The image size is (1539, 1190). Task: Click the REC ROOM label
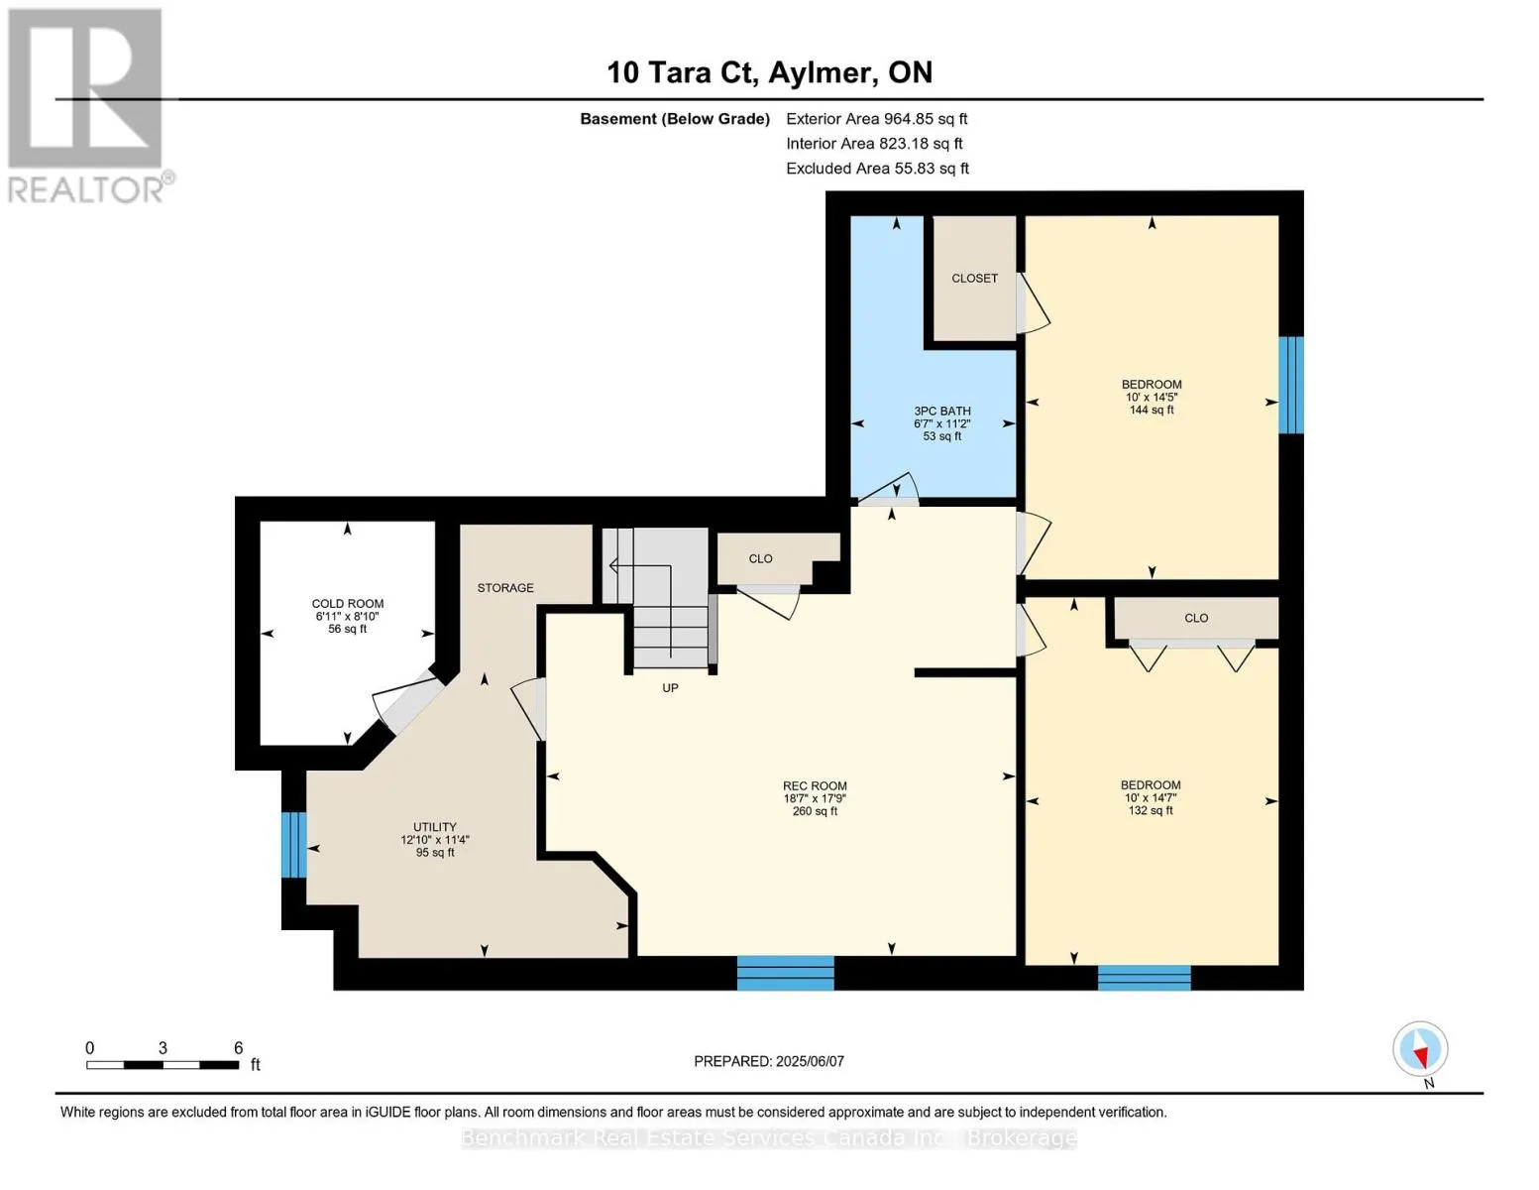click(x=815, y=785)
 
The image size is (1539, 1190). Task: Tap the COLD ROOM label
click(x=348, y=603)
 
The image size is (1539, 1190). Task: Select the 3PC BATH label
click(x=942, y=412)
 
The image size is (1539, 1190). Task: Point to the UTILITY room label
click(x=435, y=826)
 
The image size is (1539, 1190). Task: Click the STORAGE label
click(x=505, y=587)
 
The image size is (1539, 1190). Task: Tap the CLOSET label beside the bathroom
click(x=974, y=279)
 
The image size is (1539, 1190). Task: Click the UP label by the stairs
click(x=670, y=687)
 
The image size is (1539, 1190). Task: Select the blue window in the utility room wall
click(x=294, y=844)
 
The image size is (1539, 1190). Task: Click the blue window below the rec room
click(x=786, y=973)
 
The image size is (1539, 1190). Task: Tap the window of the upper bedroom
click(x=1290, y=385)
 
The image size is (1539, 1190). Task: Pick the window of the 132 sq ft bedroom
click(x=1144, y=978)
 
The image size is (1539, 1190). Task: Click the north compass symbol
click(x=1420, y=1049)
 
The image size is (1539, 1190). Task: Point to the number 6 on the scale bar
click(x=239, y=1047)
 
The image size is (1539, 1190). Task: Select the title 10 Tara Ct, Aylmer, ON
click(x=770, y=72)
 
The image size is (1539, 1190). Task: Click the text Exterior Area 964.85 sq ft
click(x=877, y=119)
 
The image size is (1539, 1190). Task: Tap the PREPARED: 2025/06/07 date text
click(x=769, y=1061)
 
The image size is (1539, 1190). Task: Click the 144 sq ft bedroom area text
click(x=1152, y=410)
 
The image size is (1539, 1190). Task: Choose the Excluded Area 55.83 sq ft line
click(x=877, y=168)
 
